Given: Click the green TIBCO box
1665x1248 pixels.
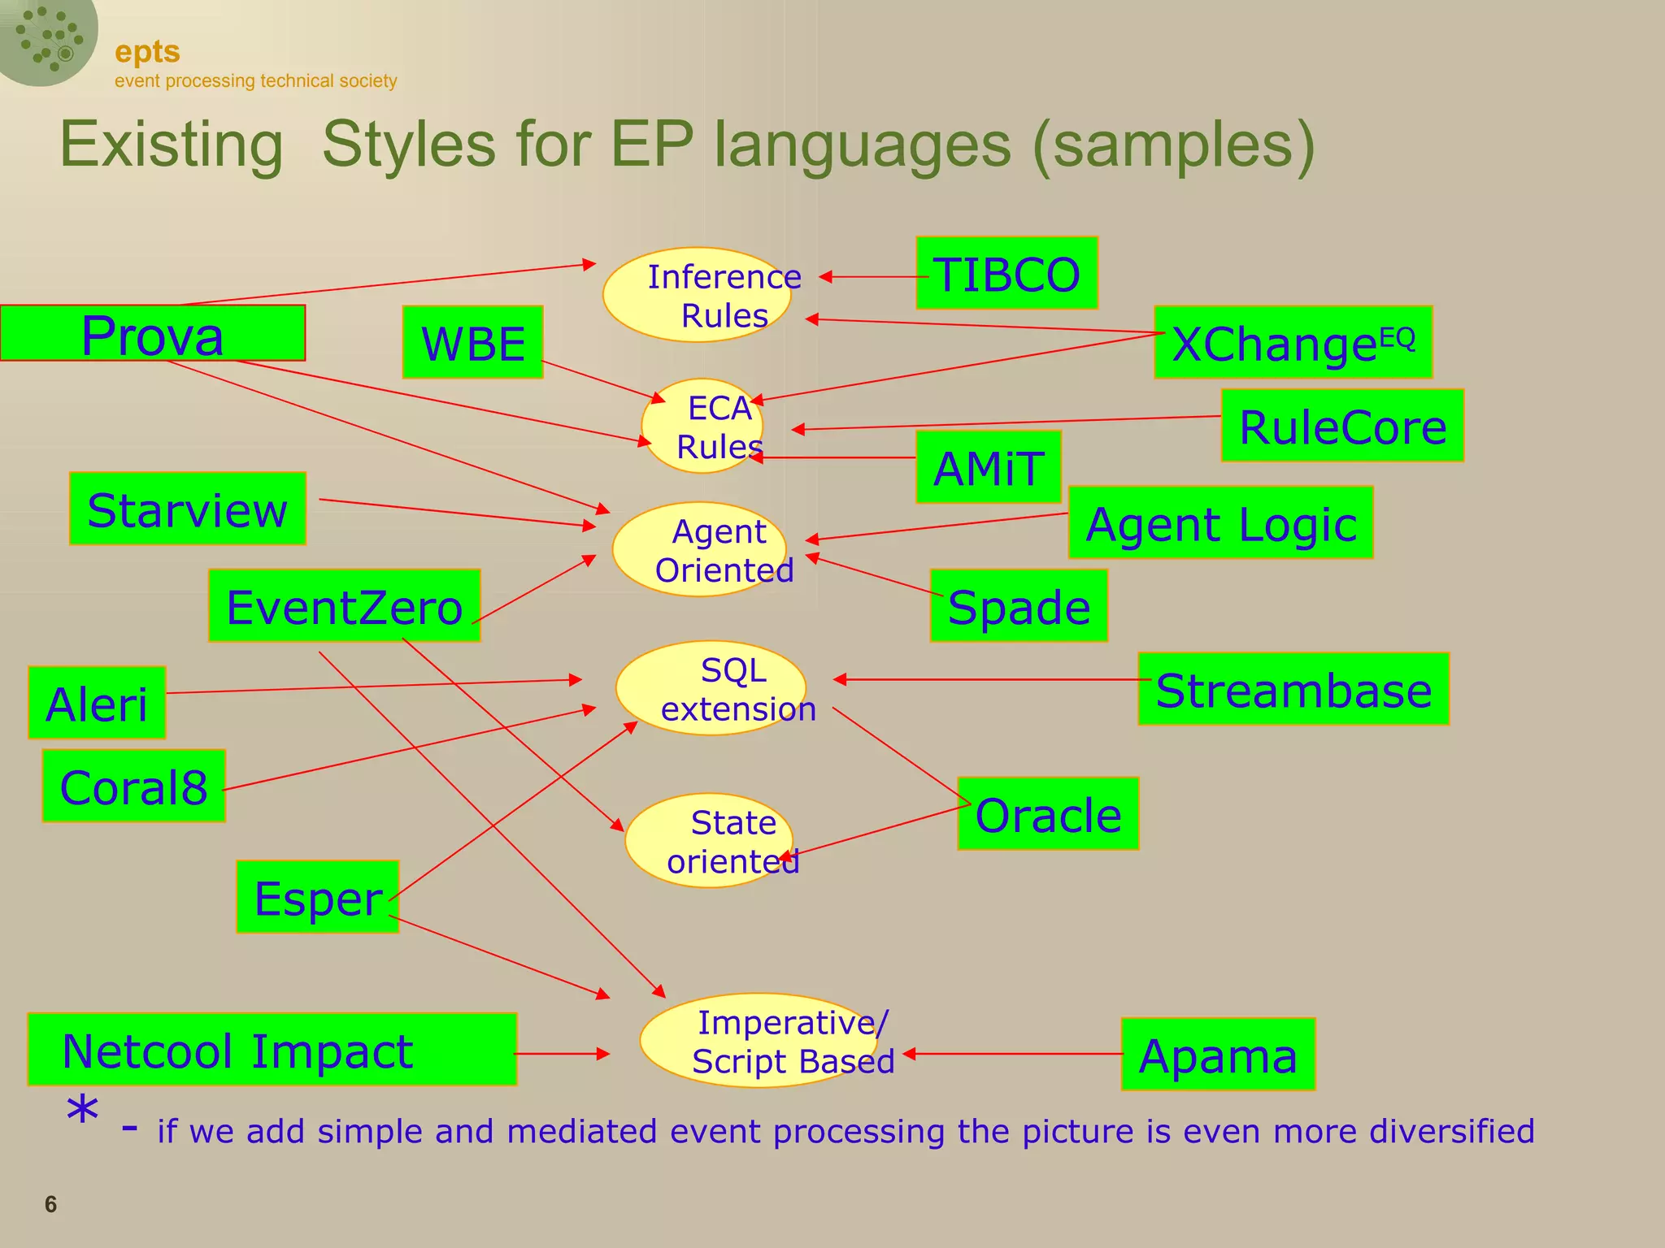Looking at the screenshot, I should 1006,274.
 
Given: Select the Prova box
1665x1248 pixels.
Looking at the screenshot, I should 152,333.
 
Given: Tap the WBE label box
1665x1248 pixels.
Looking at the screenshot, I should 472,342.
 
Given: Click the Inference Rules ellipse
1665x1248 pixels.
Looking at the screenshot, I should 697,295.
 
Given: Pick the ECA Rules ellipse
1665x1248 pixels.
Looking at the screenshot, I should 702,426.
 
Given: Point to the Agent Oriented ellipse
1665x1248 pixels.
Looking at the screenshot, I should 699,550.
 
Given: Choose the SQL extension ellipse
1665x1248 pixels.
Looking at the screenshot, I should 711,688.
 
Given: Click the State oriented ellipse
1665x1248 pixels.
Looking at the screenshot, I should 709,840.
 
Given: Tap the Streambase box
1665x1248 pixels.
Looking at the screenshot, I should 1293,689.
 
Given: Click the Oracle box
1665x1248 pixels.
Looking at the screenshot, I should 1048,814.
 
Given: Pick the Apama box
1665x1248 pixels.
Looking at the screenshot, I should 1218,1055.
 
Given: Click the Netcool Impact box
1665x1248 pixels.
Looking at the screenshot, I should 272,1050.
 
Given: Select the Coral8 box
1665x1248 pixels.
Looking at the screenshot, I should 133,786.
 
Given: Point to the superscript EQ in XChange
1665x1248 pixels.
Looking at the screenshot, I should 1398,338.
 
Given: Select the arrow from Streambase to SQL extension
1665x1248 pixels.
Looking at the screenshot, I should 992,679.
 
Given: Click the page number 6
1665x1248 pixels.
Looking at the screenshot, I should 50,1204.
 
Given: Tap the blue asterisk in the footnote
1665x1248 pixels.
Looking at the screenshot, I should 82,1111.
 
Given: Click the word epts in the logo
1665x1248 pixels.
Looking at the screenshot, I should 147,52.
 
